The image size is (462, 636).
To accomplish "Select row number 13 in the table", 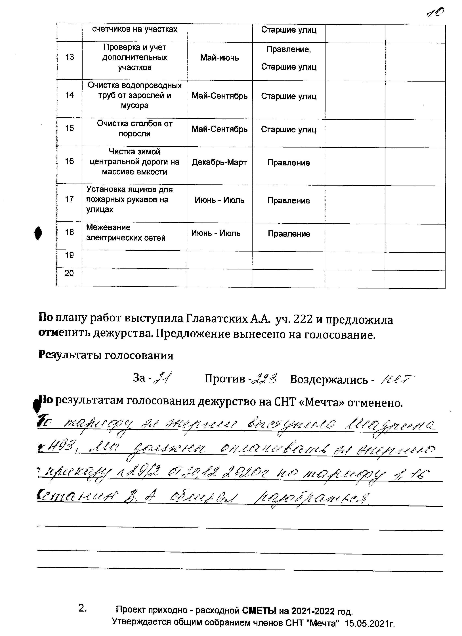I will pyautogui.click(x=70, y=57).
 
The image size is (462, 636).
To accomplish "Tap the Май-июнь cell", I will pyautogui.click(x=219, y=58).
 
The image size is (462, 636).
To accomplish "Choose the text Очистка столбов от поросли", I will pyautogui.click(x=135, y=128).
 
